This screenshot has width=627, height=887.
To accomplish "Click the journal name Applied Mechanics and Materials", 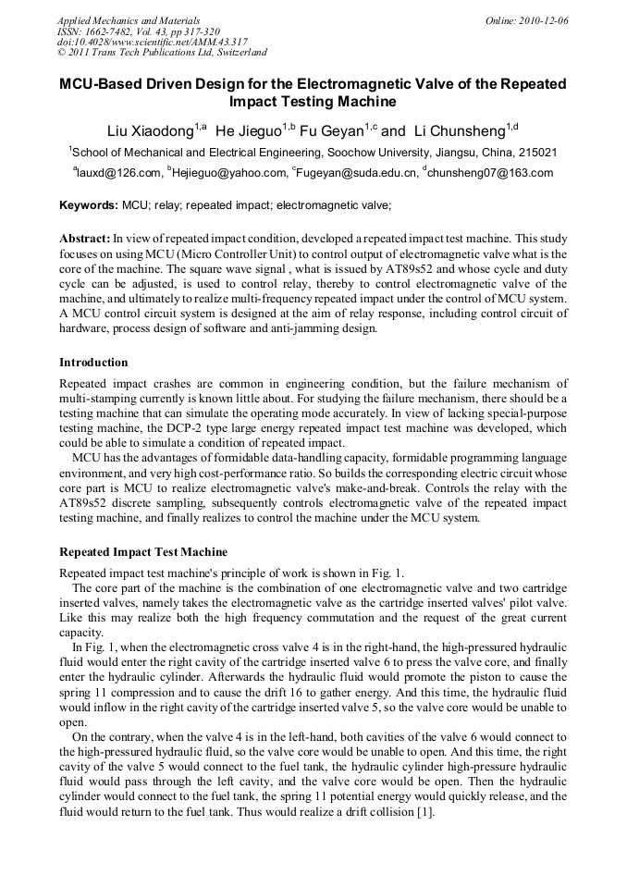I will coord(128,20).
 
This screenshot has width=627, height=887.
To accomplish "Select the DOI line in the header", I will coord(152,43).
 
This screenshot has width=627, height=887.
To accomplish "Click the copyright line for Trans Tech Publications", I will coord(162,54).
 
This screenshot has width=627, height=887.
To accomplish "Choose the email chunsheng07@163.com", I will coord(490,173).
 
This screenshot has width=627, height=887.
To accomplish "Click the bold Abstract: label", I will coord(85,239).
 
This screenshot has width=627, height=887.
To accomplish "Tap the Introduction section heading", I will coord(93,362).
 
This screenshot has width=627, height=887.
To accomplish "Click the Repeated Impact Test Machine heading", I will coord(142,552).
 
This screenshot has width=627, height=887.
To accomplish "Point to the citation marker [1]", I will coord(424,813).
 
